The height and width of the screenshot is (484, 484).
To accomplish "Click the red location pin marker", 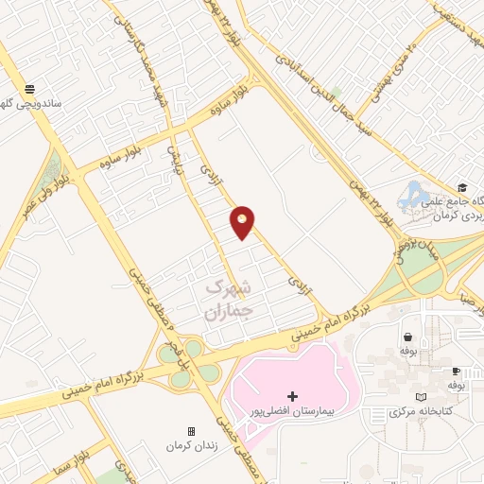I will click(243, 222).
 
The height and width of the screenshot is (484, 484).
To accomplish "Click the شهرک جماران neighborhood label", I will click(229, 296).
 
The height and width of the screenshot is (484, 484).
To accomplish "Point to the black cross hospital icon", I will click(292, 395).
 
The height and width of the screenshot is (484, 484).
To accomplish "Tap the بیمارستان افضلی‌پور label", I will click(292, 413).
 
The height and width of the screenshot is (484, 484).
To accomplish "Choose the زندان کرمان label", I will click(191, 445).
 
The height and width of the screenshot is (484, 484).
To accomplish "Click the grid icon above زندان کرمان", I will click(191, 430).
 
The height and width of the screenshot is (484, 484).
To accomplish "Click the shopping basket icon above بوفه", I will click(407, 336).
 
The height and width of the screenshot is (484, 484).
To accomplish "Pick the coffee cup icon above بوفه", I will click(455, 372).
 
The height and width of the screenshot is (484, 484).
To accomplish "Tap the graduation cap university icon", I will click(461, 187).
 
